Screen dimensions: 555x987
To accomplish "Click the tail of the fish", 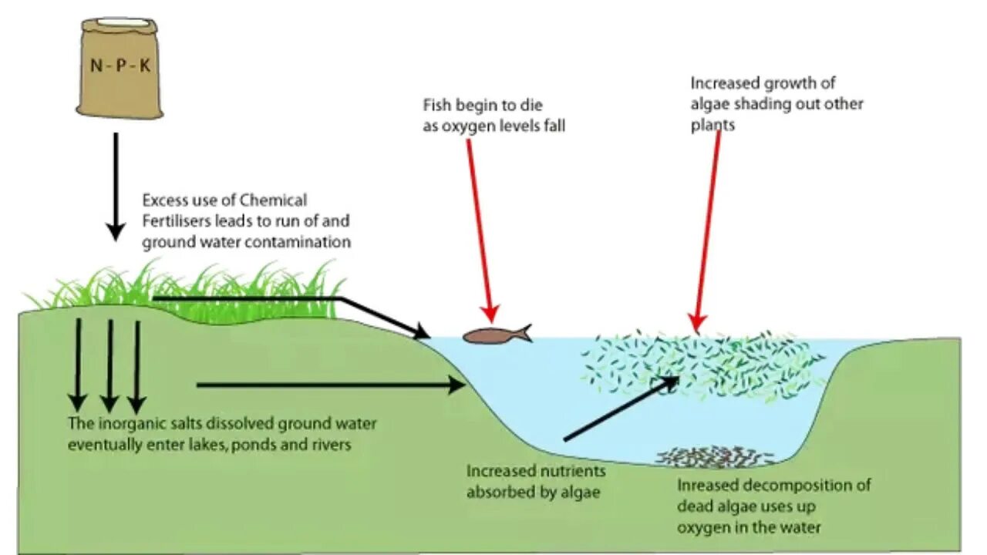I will [x=525, y=333].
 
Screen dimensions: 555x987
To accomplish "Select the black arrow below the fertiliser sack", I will [x=116, y=185].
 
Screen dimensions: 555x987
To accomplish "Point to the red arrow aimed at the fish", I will [x=478, y=231].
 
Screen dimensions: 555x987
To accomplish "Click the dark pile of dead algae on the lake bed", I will [x=713, y=456].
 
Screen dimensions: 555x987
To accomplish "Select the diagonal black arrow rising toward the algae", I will [x=621, y=409].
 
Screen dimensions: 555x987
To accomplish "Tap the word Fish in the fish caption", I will [x=437, y=106].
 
